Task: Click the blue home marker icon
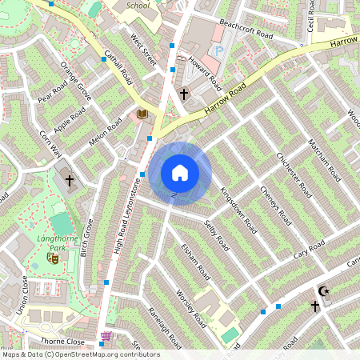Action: point(180,171)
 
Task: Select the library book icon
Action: point(142,114)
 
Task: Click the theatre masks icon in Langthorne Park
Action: point(54,258)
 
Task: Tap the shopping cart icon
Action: point(106,336)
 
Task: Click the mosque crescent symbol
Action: point(324,291)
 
